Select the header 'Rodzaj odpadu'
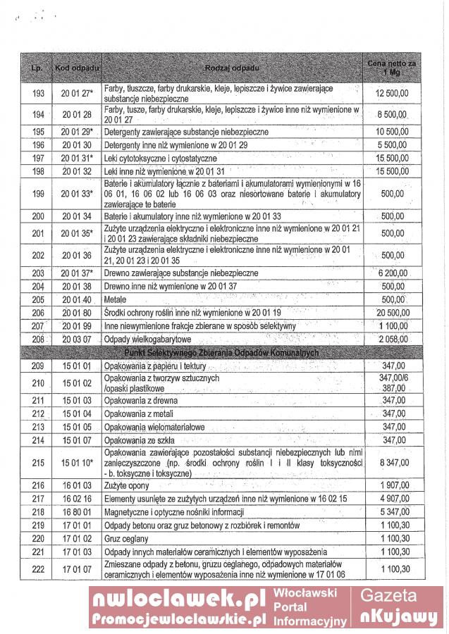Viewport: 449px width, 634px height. point(232,68)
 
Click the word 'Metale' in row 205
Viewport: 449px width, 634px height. point(115,299)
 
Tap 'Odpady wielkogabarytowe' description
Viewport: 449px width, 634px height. point(147,339)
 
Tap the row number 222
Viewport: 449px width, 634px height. point(38,569)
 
